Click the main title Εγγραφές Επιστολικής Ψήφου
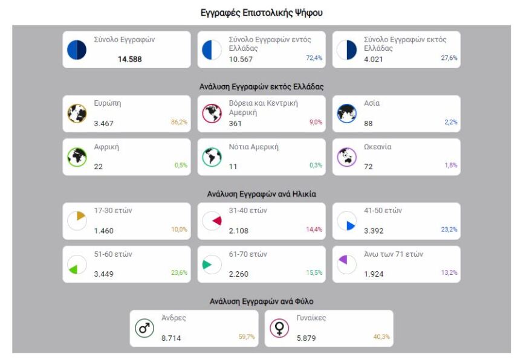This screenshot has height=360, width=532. (x=262, y=13)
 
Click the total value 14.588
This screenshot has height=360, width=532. (x=129, y=59)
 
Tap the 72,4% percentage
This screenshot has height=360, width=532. (x=314, y=59)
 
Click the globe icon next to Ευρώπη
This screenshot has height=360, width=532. (x=76, y=113)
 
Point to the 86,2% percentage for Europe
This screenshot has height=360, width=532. (x=180, y=123)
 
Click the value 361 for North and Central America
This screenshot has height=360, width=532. (x=235, y=123)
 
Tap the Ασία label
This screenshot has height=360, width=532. (x=371, y=103)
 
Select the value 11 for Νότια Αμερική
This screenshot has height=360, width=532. (x=232, y=167)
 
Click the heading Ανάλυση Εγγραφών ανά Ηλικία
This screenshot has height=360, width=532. (x=261, y=194)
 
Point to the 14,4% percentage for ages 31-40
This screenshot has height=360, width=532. (x=314, y=230)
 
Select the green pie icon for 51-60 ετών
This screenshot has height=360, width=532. (x=76, y=264)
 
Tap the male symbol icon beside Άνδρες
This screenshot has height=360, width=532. (x=144, y=328)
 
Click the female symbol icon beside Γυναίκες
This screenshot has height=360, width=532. (x=279, y=328)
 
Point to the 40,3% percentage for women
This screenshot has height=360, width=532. (x=381, y=337)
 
